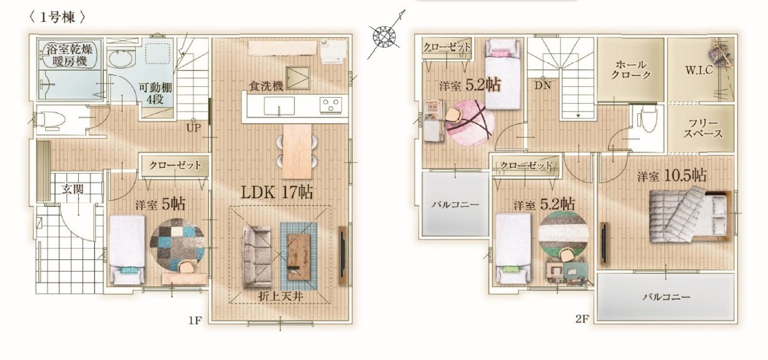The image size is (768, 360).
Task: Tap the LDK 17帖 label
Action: point(277,192)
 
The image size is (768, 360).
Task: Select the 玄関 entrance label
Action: point(72,189)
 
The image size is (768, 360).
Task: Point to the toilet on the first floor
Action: point(51,118)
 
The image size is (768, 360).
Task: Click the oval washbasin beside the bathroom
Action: point(120,60)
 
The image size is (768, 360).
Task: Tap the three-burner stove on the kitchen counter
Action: point(330,105)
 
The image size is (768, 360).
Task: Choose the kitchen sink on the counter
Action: point(279,105)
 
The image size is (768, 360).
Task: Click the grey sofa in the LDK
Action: point(257,256)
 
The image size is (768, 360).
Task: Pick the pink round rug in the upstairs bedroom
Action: point(470,123)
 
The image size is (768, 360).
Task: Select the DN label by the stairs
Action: point(542,86)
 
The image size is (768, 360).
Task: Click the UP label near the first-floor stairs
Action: point(193,129)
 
